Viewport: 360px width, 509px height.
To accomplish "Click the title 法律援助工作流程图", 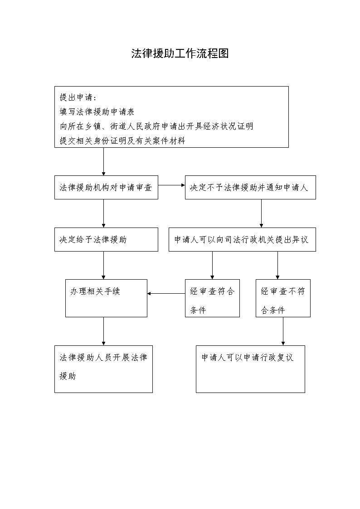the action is (x=180, y=53).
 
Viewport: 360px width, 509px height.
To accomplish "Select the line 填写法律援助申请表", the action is (x=97, y=111).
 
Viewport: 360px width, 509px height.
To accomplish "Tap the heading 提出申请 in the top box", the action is (x=78, y=97).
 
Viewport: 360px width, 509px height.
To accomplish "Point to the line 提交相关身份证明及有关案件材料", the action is (x=122, y=141).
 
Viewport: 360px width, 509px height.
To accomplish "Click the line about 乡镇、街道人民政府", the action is (x=156, y=126).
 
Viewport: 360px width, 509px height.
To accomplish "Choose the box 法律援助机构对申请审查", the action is (x=106, y=187).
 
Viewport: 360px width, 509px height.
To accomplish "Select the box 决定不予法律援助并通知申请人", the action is (x=250, y=187).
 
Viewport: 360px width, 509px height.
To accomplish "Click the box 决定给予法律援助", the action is (x=106, y=239).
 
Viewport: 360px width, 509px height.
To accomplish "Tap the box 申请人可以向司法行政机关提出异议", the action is (x=242, y=239).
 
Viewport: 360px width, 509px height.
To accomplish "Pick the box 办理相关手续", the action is (x=106, y=298).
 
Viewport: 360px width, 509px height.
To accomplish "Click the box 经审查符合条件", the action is (x=212, y=298).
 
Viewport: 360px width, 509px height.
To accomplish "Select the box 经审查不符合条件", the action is (x=283, y=298).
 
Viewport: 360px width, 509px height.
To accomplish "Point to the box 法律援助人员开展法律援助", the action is (x=103, y=369).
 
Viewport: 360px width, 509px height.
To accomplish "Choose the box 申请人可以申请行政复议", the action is (x=250, y=369).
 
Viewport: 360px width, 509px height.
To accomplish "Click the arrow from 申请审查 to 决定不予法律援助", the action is (x=171, y=185).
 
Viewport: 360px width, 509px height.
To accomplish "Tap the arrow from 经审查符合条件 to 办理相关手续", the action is (x=166, y=293).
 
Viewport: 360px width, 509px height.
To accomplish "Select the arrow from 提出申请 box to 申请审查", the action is (x=103, y=162).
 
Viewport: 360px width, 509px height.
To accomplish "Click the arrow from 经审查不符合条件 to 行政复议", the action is (x=283, y=331).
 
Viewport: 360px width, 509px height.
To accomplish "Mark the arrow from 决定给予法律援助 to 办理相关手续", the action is (x=103, y=265).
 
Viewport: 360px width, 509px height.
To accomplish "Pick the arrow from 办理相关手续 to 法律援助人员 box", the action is (x=103, y=331).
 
